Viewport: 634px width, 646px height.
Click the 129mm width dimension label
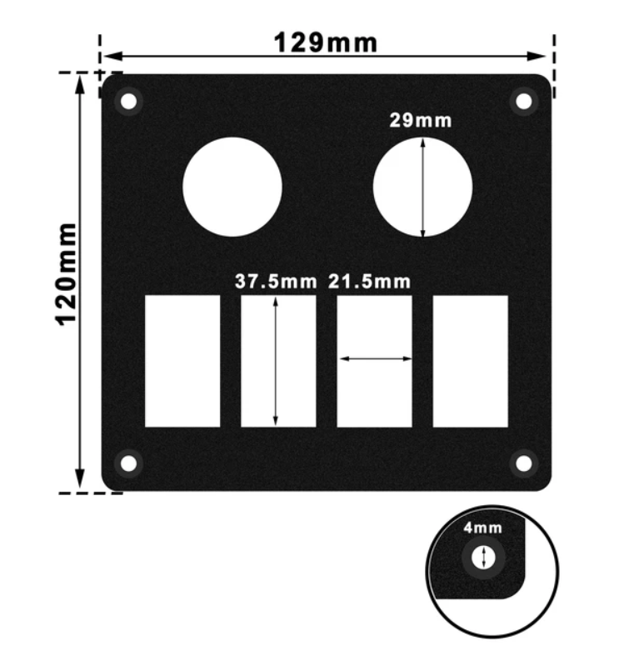tap(325, 41)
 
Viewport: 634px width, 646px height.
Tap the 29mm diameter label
tap(421, 120)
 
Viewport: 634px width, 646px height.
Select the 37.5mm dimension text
tap(276, 282)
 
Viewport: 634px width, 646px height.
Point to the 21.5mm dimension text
tap(369, 282)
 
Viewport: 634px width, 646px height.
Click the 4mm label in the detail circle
tap(482, 528)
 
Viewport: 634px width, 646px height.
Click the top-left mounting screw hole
tap(128, 102)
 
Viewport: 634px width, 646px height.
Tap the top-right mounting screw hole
tap(523, 102)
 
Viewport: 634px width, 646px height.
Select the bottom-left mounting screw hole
tap(128, 462)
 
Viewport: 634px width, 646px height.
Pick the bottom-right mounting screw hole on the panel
tap(523, 462)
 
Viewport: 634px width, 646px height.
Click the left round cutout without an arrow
tap(232, 187)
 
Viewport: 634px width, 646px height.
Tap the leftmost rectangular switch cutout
tap(182, 361)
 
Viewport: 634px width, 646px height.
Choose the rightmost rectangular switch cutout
tap(471, 361)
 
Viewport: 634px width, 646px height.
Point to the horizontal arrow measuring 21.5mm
tap(374, 359)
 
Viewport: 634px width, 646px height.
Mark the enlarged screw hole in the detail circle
tap(482, 558)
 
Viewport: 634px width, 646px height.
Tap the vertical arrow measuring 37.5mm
tap(275, 361)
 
